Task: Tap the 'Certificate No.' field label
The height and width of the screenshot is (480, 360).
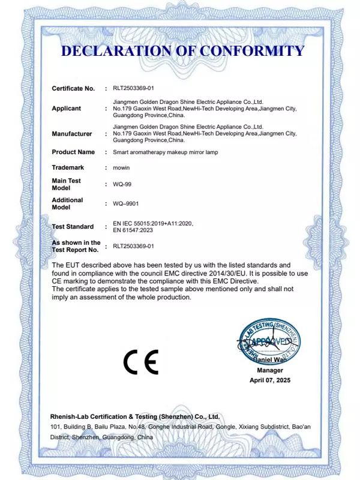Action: point(73,88)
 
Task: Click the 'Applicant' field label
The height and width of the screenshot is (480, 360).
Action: point(66,109)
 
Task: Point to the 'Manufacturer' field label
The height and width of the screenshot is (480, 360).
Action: point(72,134)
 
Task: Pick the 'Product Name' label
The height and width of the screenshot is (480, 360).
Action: point(73,152)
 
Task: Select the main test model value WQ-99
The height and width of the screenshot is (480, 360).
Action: point(122,184)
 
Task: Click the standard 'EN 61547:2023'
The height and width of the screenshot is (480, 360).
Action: point(134,230)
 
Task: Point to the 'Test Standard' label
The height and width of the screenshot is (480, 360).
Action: point(73,227)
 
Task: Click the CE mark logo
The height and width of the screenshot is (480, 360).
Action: point(141,361)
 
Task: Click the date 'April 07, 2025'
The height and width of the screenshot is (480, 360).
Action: point(269,381)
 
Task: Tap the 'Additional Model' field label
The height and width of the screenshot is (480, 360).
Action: point(67,203)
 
